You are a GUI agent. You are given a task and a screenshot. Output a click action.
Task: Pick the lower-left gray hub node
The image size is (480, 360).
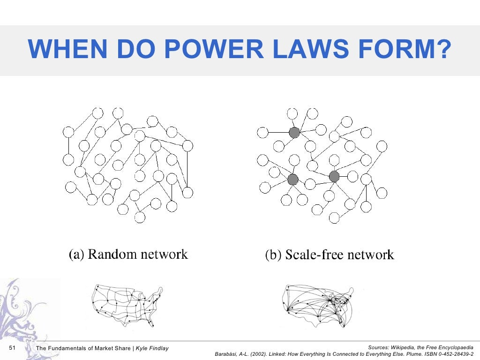tap(293, 179)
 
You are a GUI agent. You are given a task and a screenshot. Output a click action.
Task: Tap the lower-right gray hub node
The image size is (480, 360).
tap(334, 176)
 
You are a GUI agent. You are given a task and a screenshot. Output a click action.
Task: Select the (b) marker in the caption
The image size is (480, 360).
tap(273, 255)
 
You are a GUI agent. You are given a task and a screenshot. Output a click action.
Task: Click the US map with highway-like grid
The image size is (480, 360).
tap(127, 305)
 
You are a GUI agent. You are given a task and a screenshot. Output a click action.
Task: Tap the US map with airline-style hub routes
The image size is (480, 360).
tap(319, 305)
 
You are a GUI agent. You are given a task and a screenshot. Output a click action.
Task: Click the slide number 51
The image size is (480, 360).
tap(13, 348)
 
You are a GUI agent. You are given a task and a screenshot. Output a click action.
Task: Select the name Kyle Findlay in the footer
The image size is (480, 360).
tap(152, 348)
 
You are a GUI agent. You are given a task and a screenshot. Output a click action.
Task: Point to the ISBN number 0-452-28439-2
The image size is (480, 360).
tap(454, 354)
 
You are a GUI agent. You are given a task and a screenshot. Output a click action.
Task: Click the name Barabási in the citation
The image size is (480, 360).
tap(227, 354)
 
